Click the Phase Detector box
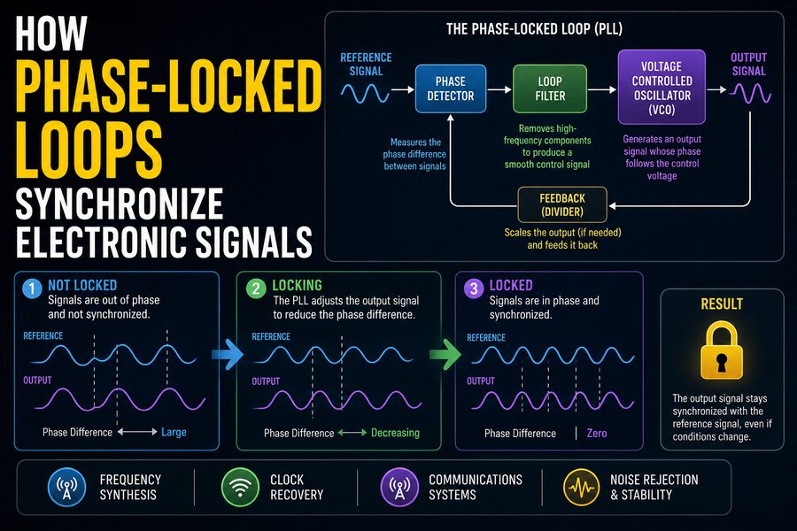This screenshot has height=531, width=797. (451, 88)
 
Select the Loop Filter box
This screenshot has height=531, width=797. (550, 88)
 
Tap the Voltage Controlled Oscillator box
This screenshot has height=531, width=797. (662, 87)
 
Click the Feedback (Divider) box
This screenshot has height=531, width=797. (562, 204)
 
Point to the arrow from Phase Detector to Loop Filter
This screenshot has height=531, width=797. (499, 89)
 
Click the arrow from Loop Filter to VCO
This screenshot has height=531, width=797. (602, 89)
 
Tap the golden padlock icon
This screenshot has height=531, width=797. (721, 351)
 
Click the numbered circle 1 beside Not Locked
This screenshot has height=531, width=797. (32, 289)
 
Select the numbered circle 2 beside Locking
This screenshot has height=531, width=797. (256, 289)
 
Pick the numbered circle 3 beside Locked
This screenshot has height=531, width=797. (474, 289)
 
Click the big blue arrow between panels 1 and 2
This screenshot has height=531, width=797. (228, 354)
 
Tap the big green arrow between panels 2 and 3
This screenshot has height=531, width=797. (445, 354)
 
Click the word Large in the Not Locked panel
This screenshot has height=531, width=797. (174, 433)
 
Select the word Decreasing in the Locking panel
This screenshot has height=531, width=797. (395, 433)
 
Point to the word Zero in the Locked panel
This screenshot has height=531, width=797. (597, 434)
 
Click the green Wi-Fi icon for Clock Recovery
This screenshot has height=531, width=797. (240, 488)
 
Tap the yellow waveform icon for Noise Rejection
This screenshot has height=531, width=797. (582, 488)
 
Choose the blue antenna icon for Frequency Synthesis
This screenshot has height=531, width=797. (66, 488)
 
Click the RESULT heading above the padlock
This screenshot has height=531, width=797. (722, 304)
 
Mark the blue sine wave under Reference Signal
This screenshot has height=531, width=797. (366, 94)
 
